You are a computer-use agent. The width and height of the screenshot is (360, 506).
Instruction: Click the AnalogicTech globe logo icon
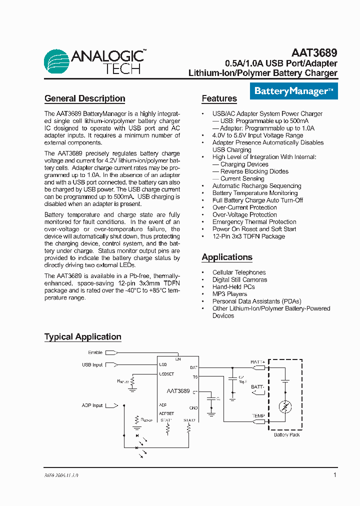(x=57, y=62)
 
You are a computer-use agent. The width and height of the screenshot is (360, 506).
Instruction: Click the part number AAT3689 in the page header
(x=314, y=52)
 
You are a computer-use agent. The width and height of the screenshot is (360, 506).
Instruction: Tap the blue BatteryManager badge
(x=293, y=91)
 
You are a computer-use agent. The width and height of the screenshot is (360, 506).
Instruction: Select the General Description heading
(x=84, y=98)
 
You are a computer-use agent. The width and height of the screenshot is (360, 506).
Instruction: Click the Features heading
(x=219, y=98)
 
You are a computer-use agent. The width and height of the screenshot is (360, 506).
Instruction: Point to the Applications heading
(x=227, y=257)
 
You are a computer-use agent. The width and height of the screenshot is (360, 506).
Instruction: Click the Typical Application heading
(x=82, y=336)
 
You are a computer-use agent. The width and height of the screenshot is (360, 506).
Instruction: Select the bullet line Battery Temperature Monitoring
(x=254, y=193)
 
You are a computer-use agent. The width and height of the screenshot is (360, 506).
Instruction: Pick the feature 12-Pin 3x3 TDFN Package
(x=248, y=236)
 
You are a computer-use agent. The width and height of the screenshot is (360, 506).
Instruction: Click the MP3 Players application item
(x=229, y=294)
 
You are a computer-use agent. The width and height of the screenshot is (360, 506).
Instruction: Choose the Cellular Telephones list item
(x=239, y=272)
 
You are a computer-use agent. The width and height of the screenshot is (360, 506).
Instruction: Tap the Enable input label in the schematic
(x=95, y=352)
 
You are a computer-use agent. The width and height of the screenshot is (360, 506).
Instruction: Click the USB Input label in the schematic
(x=92, y=365)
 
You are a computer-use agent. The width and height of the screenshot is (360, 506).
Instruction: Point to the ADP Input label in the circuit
(x=92, y=405)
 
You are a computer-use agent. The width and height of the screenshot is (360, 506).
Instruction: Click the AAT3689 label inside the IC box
(x=178, y=391)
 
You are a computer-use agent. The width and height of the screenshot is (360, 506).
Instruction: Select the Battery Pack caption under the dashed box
(x=286, y=435)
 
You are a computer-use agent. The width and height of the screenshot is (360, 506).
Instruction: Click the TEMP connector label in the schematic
(x=258, y=415)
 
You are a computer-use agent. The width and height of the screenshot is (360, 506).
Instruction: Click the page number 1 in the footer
(x=334, y=475)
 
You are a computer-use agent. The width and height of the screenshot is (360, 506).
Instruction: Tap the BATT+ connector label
(x=258, y=362)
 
